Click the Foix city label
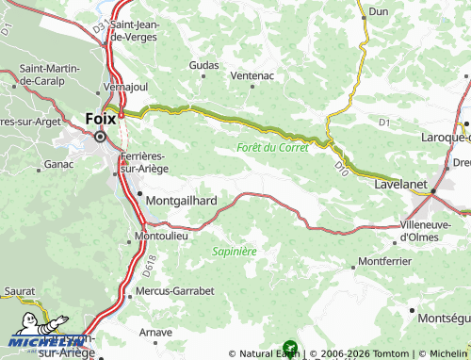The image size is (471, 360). pos(100,120)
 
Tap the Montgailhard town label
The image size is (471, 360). pos(183,201)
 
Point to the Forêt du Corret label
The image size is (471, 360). pos(272,148)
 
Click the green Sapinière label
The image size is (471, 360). pos(235,251)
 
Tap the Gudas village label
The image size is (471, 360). pos(203,65)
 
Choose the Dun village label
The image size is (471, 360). pos(379,11)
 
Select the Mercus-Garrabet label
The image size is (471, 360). pos(175,291)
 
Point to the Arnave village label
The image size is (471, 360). pos(155,332)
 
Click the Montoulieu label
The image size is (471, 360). pos(162,235)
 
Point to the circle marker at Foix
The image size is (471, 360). pos(100,137)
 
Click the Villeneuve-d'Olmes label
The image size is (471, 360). pos(432,231)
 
